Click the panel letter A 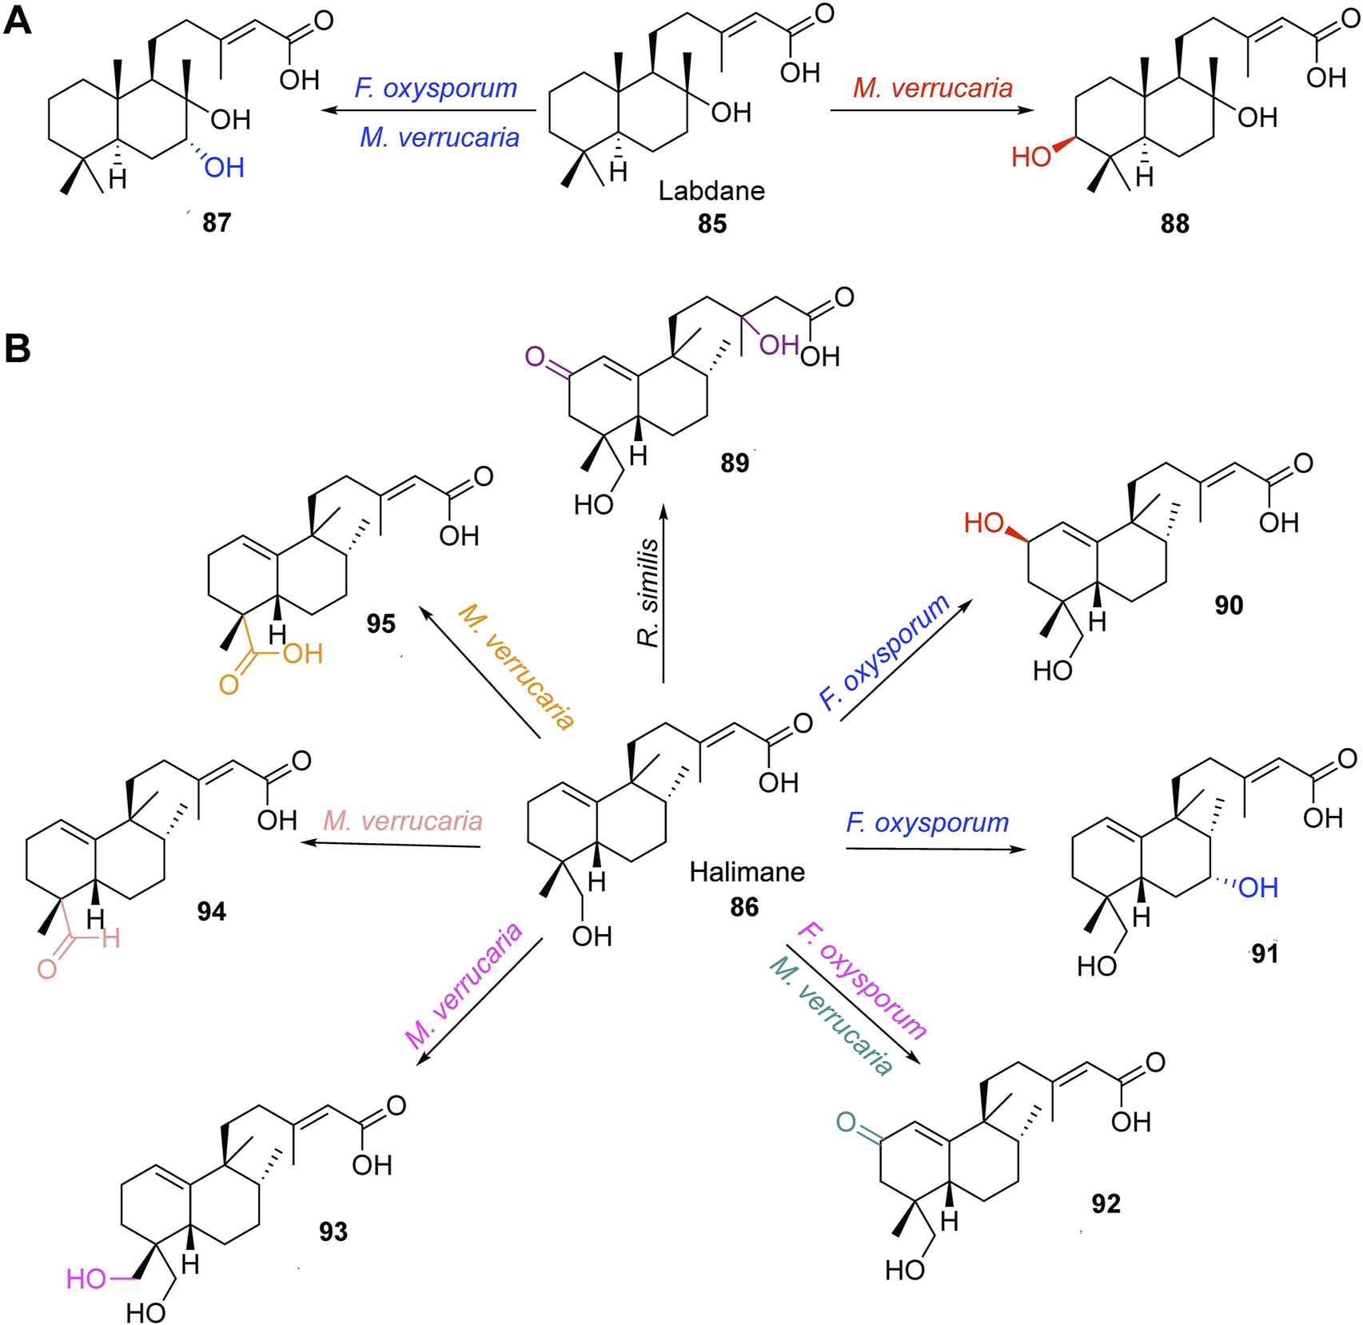pyautogui.click(x=18, y=20)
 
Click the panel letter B pyautogui.click(x=18, y=348)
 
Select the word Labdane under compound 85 pyautogui.click(x=711, y=191)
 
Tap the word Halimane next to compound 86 pyautogui.click(x=747, y=871)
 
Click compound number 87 pyautogui.click(x=217, y=222)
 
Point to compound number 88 pyautogui.click(x=1174, y=224)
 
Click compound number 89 pyautogui.click(x=735, y=463)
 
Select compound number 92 pyautogui.click(x=1106, y=1204)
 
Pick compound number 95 pyautogui.click(x=381, y=623)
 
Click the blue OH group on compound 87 pyautogui.click(x=224, y=168)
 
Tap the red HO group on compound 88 pyautogui.click(x=1030, y=157)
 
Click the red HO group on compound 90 pyautogui.click(x=983, y=523)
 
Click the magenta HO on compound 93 pyautogui.click(x=86, y=1279)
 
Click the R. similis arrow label pyautogui.click(x=648, y=592)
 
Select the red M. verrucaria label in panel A pyautogui.click(x=932, y=88)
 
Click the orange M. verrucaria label pyautogui.click(x=516, y=667)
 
